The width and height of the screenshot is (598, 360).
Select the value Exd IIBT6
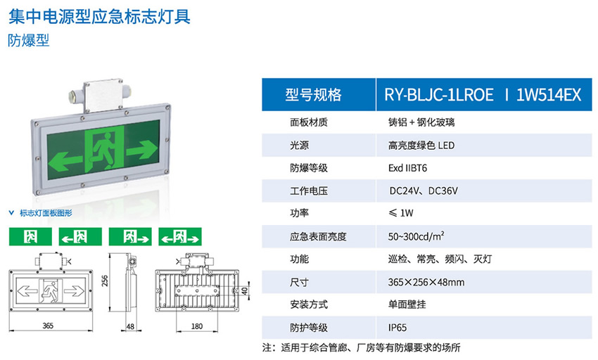coord(407,168)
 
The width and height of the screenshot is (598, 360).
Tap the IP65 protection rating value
coord(397,328)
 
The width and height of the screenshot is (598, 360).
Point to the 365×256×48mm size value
coord(426,282)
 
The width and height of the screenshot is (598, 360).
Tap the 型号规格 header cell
coord(313,95)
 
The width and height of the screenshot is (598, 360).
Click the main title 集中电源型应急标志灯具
coord(99,15)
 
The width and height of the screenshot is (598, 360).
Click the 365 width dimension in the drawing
coord(49,326)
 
